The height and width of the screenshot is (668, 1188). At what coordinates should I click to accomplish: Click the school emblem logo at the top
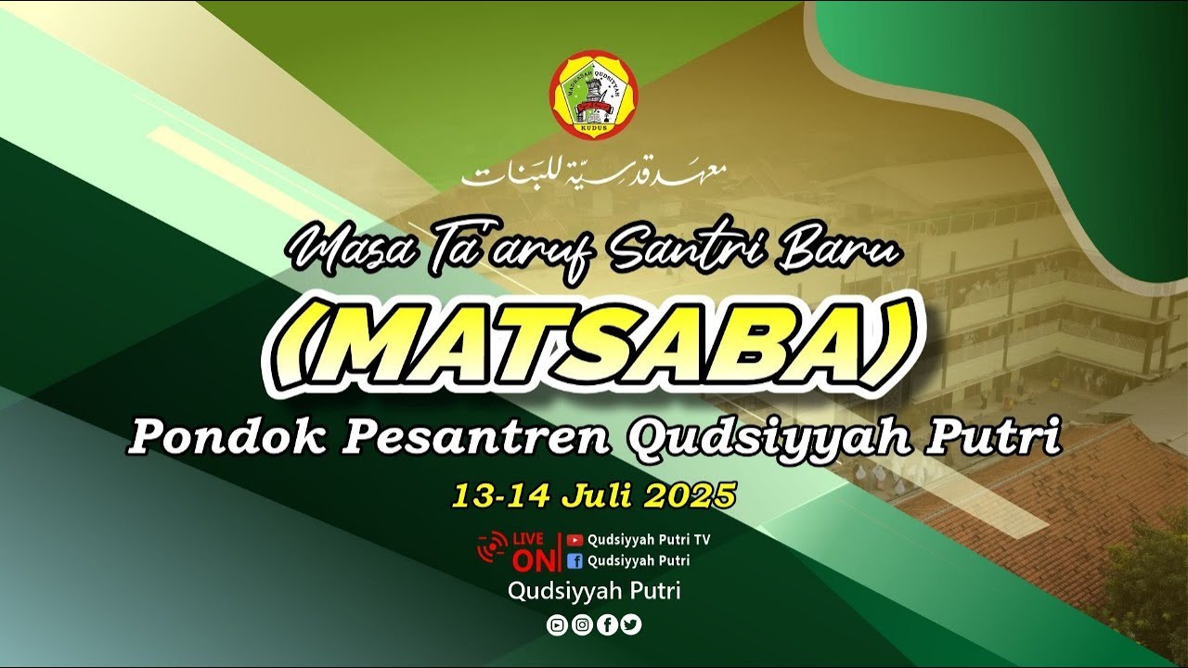click(593, 96)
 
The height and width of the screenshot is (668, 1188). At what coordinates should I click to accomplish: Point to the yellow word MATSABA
click(594, 344)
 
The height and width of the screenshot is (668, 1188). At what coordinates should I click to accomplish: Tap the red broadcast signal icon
click(492, 547)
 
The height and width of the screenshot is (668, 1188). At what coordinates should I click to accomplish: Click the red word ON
click(532, 560)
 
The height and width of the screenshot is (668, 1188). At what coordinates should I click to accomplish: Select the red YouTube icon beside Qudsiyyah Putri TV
click(575, 539)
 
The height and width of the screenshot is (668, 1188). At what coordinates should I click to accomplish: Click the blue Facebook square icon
click(575, 560)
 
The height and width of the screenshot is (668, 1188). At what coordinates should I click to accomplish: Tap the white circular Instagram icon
click(582, 625)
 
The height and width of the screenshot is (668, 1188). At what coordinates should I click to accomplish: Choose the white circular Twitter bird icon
click(631, 625)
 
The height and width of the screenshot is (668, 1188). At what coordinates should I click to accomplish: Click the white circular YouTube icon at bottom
click(557, 625)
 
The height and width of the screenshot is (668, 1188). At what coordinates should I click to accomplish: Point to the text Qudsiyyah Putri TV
click(648, 539)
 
